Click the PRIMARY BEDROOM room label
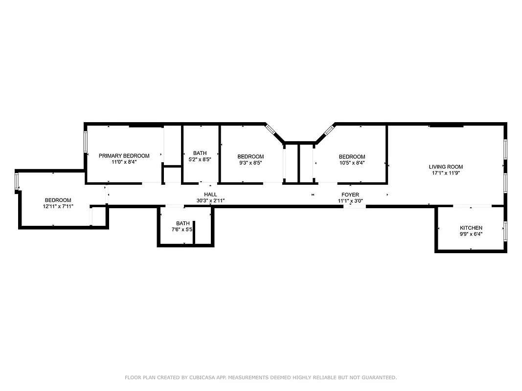[124, 156]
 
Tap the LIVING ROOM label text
[446, 167]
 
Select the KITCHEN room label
[471, 228]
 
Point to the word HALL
[210, 195]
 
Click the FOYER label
[350, 195]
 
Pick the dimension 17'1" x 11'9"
[446, 173]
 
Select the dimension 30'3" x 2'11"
[210, 201]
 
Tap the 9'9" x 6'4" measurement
[471, 234]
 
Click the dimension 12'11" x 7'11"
[58, 206]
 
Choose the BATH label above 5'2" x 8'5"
[200, 153]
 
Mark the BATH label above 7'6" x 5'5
[183, 223]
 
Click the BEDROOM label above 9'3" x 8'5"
[250, 157]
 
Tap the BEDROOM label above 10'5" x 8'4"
[352, 157]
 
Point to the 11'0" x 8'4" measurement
[124, 162]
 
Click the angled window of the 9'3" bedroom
[271, 130]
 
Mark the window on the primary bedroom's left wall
[86, 141]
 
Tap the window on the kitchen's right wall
[505, 231]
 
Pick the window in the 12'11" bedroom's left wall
[17, 181]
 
